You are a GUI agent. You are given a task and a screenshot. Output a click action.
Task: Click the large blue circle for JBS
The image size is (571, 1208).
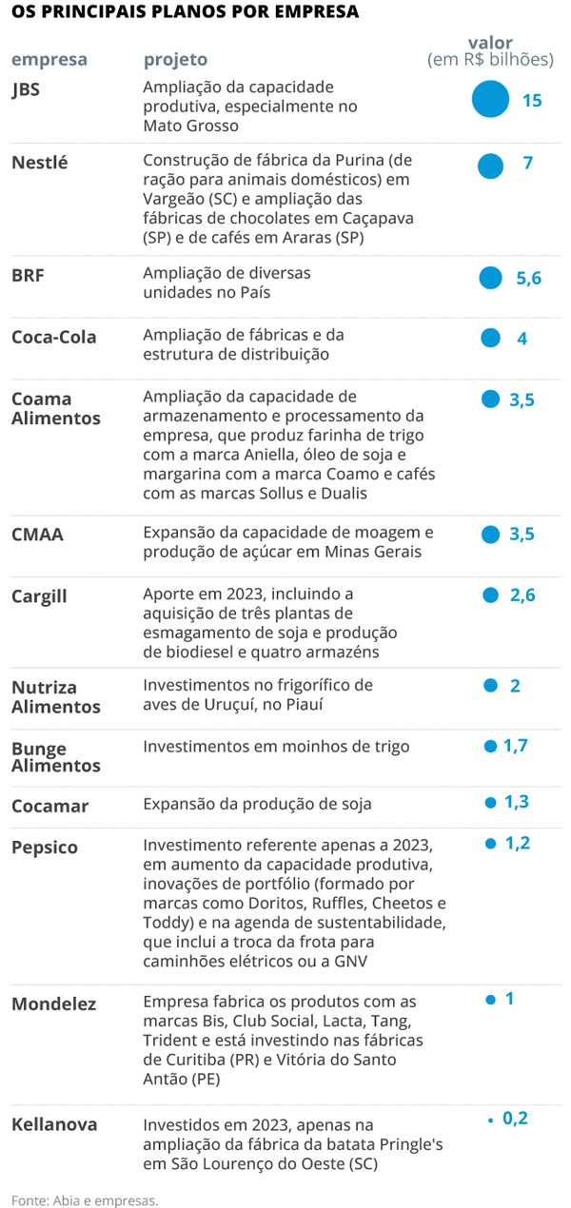pos(491,99)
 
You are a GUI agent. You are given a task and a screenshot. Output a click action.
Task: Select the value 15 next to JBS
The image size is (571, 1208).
pos(532,100)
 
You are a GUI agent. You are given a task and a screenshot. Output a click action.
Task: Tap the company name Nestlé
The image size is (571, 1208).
pos(39,163)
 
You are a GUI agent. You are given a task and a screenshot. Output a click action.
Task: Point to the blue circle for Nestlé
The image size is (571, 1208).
pos(490,166)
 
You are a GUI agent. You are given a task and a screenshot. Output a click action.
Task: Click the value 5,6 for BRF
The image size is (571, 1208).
pos(528,278)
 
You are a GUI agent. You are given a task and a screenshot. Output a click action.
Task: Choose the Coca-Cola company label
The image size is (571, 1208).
pos(53,338)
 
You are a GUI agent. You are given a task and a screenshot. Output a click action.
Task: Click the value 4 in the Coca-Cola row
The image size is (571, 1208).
pos(522,339)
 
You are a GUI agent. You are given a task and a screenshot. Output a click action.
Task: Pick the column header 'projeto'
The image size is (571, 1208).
pos(174,60)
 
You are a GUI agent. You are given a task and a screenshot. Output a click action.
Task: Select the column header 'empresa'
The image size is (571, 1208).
pos(49,60)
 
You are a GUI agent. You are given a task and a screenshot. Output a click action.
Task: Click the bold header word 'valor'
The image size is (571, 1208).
pos(490,42)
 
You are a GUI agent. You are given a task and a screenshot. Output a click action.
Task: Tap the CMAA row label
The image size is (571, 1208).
pos(37,535)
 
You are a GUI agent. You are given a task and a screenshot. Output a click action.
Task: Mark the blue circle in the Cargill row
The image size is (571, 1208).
pos(491,595)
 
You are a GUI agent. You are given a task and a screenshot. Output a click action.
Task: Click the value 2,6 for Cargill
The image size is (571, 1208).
pos(522,595)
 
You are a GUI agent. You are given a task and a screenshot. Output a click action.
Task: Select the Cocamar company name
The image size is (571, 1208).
pos(49,807)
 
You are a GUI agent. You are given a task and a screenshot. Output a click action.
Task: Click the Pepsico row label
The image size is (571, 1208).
pos(44,848)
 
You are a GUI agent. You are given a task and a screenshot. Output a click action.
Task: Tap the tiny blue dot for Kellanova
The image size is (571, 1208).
pos(490,1120)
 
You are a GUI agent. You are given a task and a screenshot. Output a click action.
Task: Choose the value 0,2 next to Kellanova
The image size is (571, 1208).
pos(515,1119)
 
